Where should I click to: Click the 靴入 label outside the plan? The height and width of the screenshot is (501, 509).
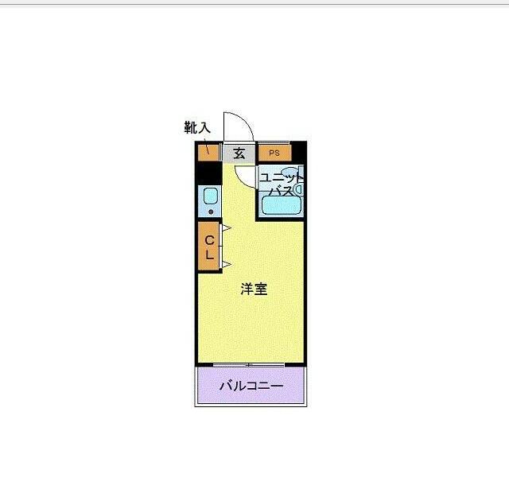click(x=197, y=126)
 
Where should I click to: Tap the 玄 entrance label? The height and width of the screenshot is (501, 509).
click(x=239, y=153)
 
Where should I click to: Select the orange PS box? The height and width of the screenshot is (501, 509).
click(x=274, y=153)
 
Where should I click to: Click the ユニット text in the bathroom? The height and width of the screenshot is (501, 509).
click(x=280, y=177)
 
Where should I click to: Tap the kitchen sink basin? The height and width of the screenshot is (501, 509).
click(x=210, y=196)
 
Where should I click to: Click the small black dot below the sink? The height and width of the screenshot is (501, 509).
click(x=210, y=212)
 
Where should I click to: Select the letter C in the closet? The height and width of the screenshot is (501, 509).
click(x=209, y=240)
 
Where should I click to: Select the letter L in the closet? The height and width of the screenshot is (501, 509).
click(x=209, y=255)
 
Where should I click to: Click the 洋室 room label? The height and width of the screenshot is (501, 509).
click(x=254, y=289)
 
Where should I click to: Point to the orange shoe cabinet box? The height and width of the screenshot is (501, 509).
click(x=208, y=151)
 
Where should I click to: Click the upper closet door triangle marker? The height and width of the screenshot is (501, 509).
click(x=225, y=229)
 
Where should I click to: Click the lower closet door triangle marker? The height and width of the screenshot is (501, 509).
click(x=225, y=264)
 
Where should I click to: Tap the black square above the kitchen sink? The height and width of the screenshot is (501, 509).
click(x=208, y=171)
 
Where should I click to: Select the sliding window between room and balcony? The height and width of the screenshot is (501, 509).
click(x=251, y=364)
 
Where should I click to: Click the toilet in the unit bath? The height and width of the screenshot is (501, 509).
click(x=299, y=190)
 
